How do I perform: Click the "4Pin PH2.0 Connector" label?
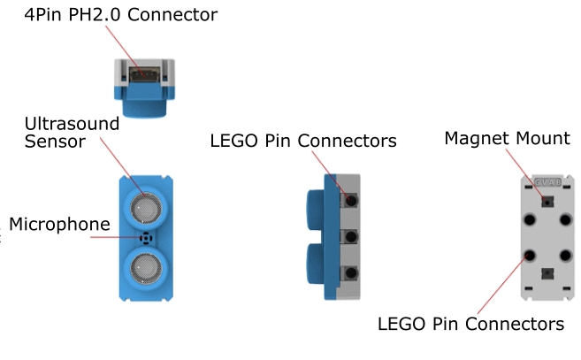(x=120, y=15)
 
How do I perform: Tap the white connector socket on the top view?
(x=145, y=74)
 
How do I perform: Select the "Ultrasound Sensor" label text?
(x=72, y=132)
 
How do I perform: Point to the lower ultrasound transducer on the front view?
(x=144, y=264)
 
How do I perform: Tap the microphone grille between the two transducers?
(x=144, y=237)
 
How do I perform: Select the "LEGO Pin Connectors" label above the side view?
(x=303, y=141)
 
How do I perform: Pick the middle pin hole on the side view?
(x=351, y=237)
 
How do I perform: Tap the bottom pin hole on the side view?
(x=351, y=272)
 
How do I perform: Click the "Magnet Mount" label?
(x=507, y=138)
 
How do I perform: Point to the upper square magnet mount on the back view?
(x=548, y=201)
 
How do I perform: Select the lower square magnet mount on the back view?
(x=548, y=274)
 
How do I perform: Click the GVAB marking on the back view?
(x=548, y=182)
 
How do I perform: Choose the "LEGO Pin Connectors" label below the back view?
(x=470, y=323)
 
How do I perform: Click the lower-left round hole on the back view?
(x=530, y=257)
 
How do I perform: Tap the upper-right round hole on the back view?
(x=567, y=218)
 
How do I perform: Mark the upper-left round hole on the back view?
(x=530, y=218)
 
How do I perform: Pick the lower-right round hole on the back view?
(x=567, y=257)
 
